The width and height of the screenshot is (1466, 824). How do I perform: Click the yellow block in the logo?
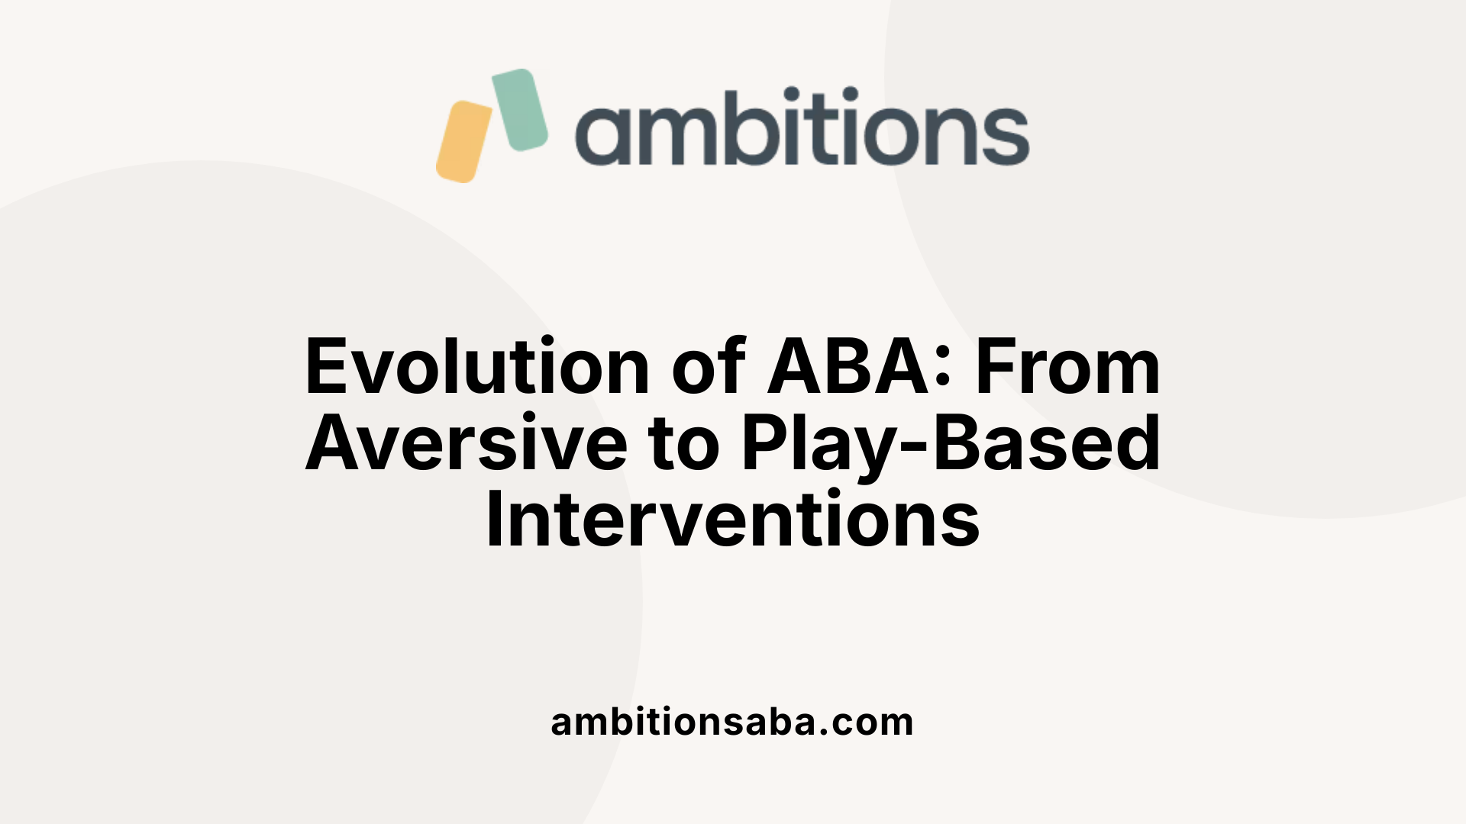[x=463, y=142]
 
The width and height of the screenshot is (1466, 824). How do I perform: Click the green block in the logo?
[x=520, y=109]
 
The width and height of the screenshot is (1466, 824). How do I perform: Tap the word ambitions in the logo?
[x=802, y=127]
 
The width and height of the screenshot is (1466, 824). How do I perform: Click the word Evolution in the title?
[x=477, y=368]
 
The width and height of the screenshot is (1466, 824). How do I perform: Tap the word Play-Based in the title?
[x=951, y=444]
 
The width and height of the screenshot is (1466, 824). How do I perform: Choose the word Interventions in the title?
[x=732, y=520]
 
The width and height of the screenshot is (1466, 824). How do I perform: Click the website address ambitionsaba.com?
[x=732, y=722]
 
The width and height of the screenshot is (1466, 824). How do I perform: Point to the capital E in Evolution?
[x=328, y=368]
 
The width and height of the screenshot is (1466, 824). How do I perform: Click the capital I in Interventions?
[x=494, y=520]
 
